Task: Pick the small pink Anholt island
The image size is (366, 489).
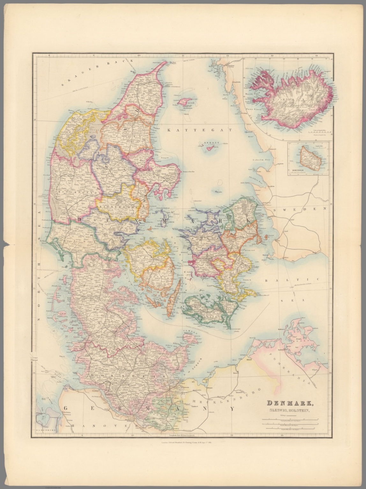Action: pyautogui.click(x=210, y=148)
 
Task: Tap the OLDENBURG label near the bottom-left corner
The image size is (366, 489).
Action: pyautogui.click(x=47, y=430)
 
